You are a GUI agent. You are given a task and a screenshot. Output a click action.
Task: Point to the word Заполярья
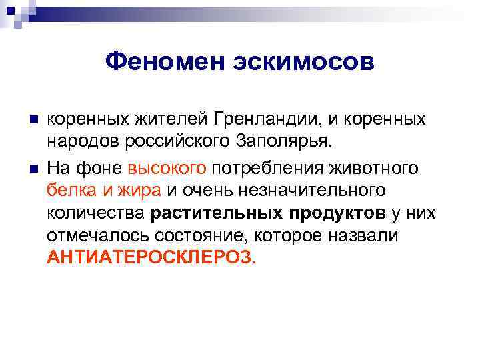293,143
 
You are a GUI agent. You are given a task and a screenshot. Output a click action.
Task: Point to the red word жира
138,190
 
